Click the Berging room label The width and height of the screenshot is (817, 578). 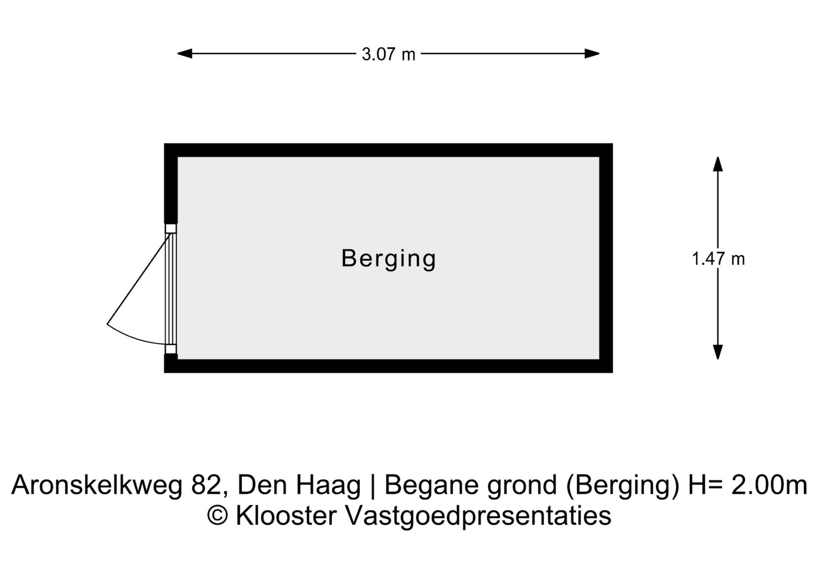(389, 258)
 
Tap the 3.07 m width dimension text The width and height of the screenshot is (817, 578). (388, 54)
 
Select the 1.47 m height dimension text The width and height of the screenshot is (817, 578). (718, 259)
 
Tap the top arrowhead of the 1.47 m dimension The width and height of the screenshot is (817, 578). (718, 164)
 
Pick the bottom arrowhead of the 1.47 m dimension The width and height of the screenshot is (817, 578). (718, 352)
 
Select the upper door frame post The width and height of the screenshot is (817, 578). (171, 229)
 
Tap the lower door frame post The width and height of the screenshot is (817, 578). (171, 349)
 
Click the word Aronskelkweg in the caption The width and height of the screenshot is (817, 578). (97, 485)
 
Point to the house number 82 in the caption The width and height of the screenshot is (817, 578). (206, 485)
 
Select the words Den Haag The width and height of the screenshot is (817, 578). (299, 485)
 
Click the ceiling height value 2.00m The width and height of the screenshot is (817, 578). (769, 485)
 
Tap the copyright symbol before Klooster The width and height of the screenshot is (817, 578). (217, 516)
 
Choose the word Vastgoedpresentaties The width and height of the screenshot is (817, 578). (478, 516)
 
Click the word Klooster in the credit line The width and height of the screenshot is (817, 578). (286, 516)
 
